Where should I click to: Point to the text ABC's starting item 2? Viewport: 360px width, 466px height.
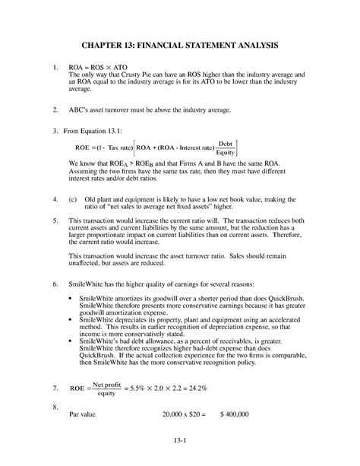(x=79, y=110)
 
